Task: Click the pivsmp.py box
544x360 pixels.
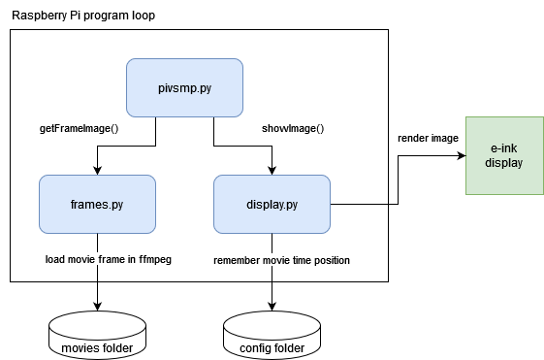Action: coord(184,87)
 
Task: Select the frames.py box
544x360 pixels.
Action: coord(97,204)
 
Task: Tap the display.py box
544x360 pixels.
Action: coord(272,204)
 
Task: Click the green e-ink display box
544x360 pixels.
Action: coord(504,154)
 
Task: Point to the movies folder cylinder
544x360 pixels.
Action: coord(97,336)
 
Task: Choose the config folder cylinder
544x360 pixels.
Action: coord(272,336)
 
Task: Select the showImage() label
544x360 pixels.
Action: coord(293,128)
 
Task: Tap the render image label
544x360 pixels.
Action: coord(428,139)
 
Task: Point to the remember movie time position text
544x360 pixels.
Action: coord(281,260)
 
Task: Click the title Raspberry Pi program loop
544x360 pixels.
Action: coord(82,16)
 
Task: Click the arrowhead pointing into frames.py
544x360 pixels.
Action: coord(97,170)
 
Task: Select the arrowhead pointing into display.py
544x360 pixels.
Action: coord(272,170)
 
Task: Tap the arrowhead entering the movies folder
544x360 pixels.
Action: coord(97,308)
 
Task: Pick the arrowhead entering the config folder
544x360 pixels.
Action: coord(272,308)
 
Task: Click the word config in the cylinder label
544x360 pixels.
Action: coord(255,348)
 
